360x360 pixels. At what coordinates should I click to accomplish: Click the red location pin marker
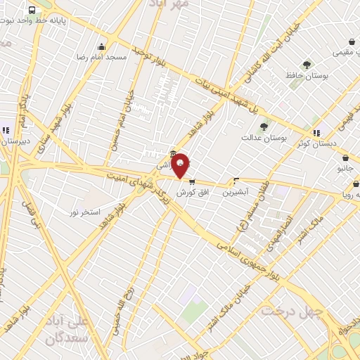coord(181,165)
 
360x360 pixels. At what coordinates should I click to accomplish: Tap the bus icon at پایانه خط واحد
coord(32,10)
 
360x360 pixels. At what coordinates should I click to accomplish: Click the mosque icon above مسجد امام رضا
coord(102,46)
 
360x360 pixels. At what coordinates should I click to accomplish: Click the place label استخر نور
coord(85,212)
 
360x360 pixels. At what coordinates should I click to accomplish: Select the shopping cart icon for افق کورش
coord(192,180)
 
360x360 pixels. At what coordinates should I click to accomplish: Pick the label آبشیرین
coord(236,192)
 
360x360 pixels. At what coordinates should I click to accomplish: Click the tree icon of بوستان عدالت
coord(264,127)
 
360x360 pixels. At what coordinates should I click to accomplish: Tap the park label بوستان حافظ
coord(304,75)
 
